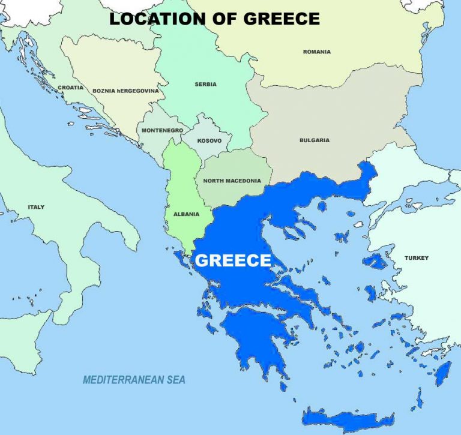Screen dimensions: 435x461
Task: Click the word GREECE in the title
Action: click(x=282, y=19)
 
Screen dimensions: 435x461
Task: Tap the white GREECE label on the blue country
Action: click(x=234, y=260)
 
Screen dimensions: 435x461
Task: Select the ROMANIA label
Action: click(x=316, y=52)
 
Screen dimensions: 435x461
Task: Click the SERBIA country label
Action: click(x=205, y=85)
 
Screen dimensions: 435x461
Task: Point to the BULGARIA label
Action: click(x=315, y=140)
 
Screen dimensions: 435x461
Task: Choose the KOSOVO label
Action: click(x=209, y=141)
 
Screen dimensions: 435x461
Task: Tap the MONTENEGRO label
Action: click(x=162, y=130)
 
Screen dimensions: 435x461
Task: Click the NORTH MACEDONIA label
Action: click(x=232, y=181)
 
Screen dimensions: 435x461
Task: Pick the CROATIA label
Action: click(x=70, y=88)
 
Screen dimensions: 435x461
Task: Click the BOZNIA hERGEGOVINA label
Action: click(x=125, y=91)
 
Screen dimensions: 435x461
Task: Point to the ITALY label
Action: click(x=36, y=207)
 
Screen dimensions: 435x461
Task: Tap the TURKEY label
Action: click(x=416, y=258)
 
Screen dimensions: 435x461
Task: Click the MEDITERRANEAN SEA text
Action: click(x=134, y=380)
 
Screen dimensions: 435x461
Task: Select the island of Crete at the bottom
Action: click(x=348, y=418)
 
